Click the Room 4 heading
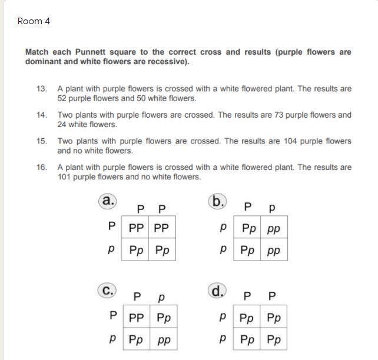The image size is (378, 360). point(34,21)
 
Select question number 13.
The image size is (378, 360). point(41,89)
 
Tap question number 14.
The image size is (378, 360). point(41,115)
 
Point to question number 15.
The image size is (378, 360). point(41,141)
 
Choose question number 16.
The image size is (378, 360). point(41,167)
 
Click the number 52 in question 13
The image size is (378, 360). point(63,98)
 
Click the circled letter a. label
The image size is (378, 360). point(108,201)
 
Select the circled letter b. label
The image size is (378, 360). point(217,202)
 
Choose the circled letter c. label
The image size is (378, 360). point(108,290)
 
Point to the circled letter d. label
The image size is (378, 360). point(217,290)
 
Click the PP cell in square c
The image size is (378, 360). point(136,318)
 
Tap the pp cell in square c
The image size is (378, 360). point(164,340)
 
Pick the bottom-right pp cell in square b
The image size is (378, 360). point(274,251)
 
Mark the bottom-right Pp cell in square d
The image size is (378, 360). point(274,340)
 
